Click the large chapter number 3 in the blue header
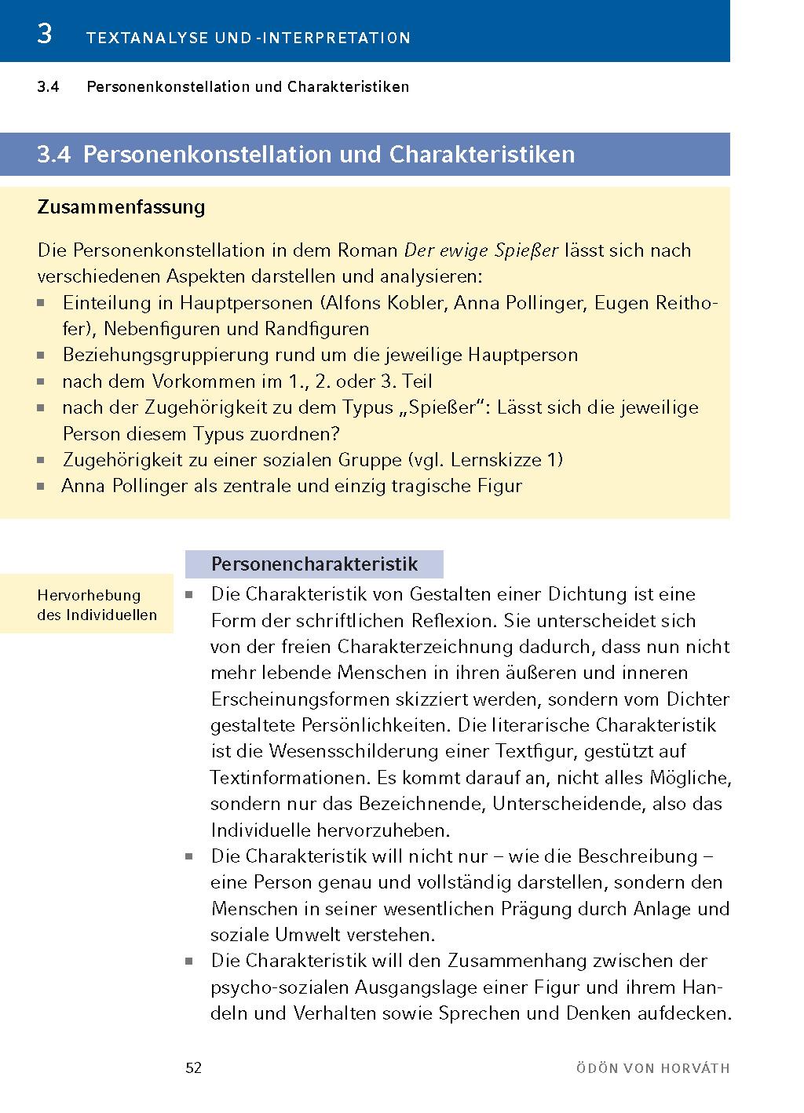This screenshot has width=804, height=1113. (45, 35)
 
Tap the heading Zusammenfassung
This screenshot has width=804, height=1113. (121, 207)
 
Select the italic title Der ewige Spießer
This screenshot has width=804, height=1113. (481, 250)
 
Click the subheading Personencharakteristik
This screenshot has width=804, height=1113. (314, 564)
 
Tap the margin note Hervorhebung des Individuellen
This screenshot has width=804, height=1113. (97, 604)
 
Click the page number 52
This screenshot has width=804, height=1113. (193, 1068)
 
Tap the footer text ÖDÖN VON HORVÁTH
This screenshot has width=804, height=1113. (652, 1068)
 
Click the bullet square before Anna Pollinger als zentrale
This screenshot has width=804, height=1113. (42, 487)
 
